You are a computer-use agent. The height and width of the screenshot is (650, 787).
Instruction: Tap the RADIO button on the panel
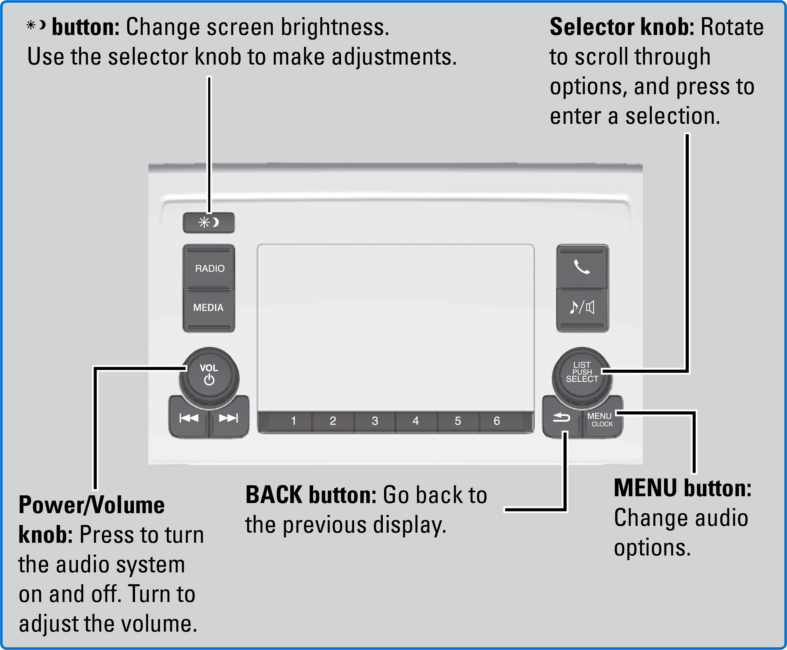pyautogui.click(x=209, y=268)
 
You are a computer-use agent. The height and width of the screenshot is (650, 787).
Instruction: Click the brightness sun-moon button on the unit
pyautogui.click(x=209, y=223)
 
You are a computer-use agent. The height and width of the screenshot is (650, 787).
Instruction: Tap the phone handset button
pyautogui.click(x=582, y=267)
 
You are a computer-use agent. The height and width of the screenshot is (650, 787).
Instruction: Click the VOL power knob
pyautogui.click(x=209, y=376)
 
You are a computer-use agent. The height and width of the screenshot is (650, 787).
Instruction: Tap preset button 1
pyautogui.click(x=294, y=421)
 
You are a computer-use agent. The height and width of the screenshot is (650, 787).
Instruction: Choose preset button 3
pyautogui.click(x=375, y=421)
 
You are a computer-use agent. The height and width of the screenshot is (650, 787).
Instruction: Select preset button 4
pyautogui.click(x=416, y=421)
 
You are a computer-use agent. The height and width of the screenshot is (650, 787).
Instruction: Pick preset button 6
pyautogui.click(x=497, y=421)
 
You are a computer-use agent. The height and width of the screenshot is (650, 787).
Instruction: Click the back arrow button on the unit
pyautogui.click(x=561, y=417)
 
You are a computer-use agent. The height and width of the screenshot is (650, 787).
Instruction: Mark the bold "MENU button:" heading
pyautogui.click(x=682, y=488)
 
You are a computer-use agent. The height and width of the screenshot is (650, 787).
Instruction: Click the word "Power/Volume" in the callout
pyautogui.click(x=92, y=505)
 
